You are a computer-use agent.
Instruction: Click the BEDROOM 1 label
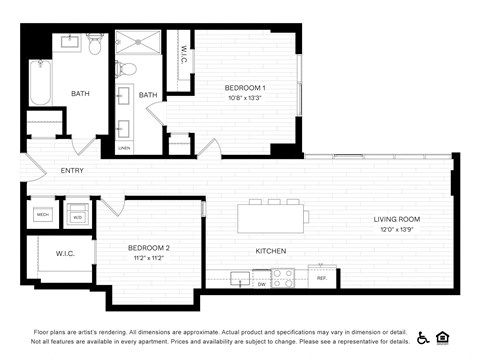pyautogui.click(x=245, y=87)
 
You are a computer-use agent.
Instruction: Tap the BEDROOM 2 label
pyautogui.click(x=148, y=247)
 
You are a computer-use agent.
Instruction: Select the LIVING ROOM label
pyautogui.click(x=397, y=219)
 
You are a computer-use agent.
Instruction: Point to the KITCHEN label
pyautogui.click(x=271, y=251)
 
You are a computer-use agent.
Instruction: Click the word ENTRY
pyautogui.click(x=72, y=170)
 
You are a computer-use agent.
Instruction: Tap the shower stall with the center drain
pyautogui.click(x=137, y=46)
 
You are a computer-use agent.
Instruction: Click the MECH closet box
pyautogui.click(x=43, y=214)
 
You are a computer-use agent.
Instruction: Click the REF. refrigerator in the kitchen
pyautogui.click(x=322, y=278)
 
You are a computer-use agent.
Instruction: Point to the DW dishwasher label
pyautogui.click(x=260, y=284)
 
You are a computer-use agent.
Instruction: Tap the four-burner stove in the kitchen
pyautogui.click(x=283, y=278)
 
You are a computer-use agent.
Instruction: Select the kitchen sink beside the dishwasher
pyautogui.click(x=240, y=277)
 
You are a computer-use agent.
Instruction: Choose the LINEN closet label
pyautogui.click(x=124, y=148)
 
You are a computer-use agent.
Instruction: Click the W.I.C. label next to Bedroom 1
pyautogui.click(x=184, y=58)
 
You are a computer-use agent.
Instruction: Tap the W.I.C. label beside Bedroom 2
pyautogui.click(x=65, y=253)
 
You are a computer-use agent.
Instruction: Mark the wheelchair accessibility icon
pyautogui.click(x=423, y=337)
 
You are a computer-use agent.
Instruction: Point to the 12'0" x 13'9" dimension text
pyautogui.click(x=397, y=230)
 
